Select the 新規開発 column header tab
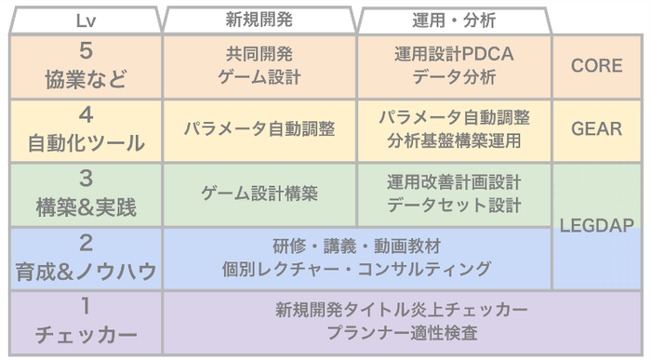[x=261, y=19]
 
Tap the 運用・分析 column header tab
[x=453, y=20]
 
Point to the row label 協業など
[x=85, y=80]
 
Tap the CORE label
[x=597, y=67]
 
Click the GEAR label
[x=597, y=130]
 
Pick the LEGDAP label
[x=597, y=226]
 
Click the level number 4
[x=85, y=116]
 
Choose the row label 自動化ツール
[x=85, y=143]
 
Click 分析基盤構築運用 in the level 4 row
[x=454, y=141]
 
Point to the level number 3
[x=85, y=180]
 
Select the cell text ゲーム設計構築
[x=260, y=193]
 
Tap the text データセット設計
[x=454, y=205]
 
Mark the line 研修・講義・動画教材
[x=357, y=247]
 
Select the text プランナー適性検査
[x=402, y=332]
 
